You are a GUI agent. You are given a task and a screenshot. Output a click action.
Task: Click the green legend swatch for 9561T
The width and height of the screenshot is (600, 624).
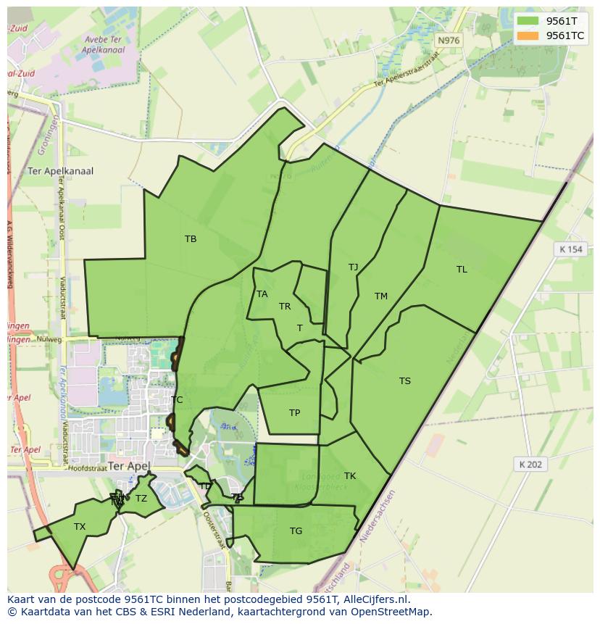pyautogui.click(x=528, y=21)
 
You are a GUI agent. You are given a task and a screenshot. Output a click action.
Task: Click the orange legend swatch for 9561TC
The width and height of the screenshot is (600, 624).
pyautogui.click(x=528, y=36)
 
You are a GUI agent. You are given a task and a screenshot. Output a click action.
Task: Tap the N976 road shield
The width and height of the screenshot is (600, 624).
pyautogui.click(x=449, y=41)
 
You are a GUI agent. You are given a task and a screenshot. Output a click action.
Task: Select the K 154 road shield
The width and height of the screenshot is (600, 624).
pyautogui.click(x=571, y=249)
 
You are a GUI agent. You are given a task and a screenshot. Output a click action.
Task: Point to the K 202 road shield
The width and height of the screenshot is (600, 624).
pyautogui.click(x=531, y=465)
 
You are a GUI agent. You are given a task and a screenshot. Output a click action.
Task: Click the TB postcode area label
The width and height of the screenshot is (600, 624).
pyautogui.click(x=191, y=239)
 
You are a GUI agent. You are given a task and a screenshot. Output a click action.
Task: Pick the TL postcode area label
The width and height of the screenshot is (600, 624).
pyautogui.click(x=462, y=270)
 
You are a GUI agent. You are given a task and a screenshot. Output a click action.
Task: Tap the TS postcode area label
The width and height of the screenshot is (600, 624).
pyautogui.click(x=405, y=381)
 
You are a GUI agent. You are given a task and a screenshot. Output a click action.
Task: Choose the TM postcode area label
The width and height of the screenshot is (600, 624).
pyautogui.click(x=381, y=296)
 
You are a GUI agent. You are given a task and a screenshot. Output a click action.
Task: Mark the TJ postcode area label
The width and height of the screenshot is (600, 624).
pyautogui.click(x=353, y=267)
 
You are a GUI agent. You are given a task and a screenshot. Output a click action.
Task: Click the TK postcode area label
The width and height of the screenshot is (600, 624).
pyautogui.click(x=350, y=476)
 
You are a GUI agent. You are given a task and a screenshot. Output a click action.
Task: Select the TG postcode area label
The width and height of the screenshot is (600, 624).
pyautogui.click(x=296, y=531)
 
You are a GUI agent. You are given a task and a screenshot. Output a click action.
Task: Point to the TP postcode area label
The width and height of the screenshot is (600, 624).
pyautogui.click(x=294, y=413)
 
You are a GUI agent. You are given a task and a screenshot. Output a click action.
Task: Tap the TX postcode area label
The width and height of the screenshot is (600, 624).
pyautogui.click(x=80, y=527)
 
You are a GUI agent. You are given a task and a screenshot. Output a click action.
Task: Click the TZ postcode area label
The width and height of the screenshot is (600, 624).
pyautogui.click(x=141, y=499)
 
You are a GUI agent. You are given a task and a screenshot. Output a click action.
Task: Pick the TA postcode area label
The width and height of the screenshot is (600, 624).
pyautogui.click(x=262, y=294)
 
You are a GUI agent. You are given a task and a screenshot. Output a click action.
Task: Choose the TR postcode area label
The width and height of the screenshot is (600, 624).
pyautogui.click(x=285, y=307)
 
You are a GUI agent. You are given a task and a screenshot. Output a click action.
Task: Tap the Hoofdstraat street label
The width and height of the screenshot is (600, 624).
pyautogui.click(x=88, y=469)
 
